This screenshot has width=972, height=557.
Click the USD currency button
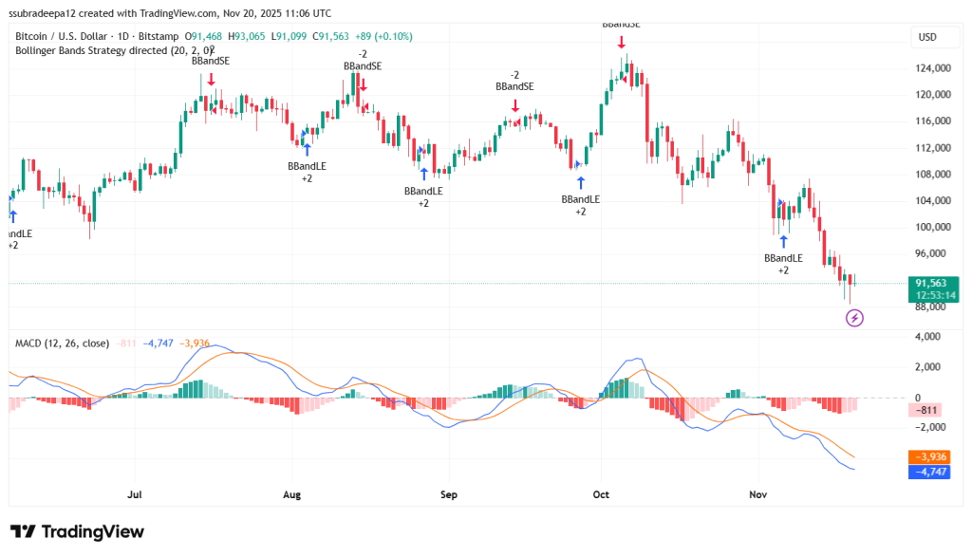click(x=926, y=37)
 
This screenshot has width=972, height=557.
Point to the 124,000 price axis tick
click(x=933, y=68)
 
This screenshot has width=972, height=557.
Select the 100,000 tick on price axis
click(x=933, y=228)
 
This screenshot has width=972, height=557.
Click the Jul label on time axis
click(x=134, y=494)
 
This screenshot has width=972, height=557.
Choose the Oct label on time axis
click(x=600, y=494)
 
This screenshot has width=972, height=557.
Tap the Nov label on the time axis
click(x=757, y=494)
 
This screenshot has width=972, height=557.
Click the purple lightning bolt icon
click(x=854, y=318)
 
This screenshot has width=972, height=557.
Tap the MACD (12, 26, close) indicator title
click(x=62, y=343)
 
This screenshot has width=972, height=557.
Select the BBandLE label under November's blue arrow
click(x=783, y=258)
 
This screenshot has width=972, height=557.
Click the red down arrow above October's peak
click(x=621, y=42)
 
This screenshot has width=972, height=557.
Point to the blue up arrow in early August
click(x=307, y=149)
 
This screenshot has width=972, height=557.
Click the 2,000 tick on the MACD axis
click(x=930, y=367)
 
